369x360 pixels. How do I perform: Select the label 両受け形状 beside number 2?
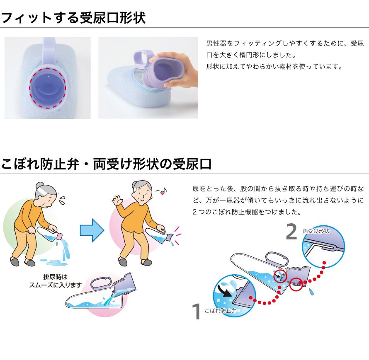click(x=316, y=231)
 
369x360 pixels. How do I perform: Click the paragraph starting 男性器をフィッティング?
click(x=284, y=55)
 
